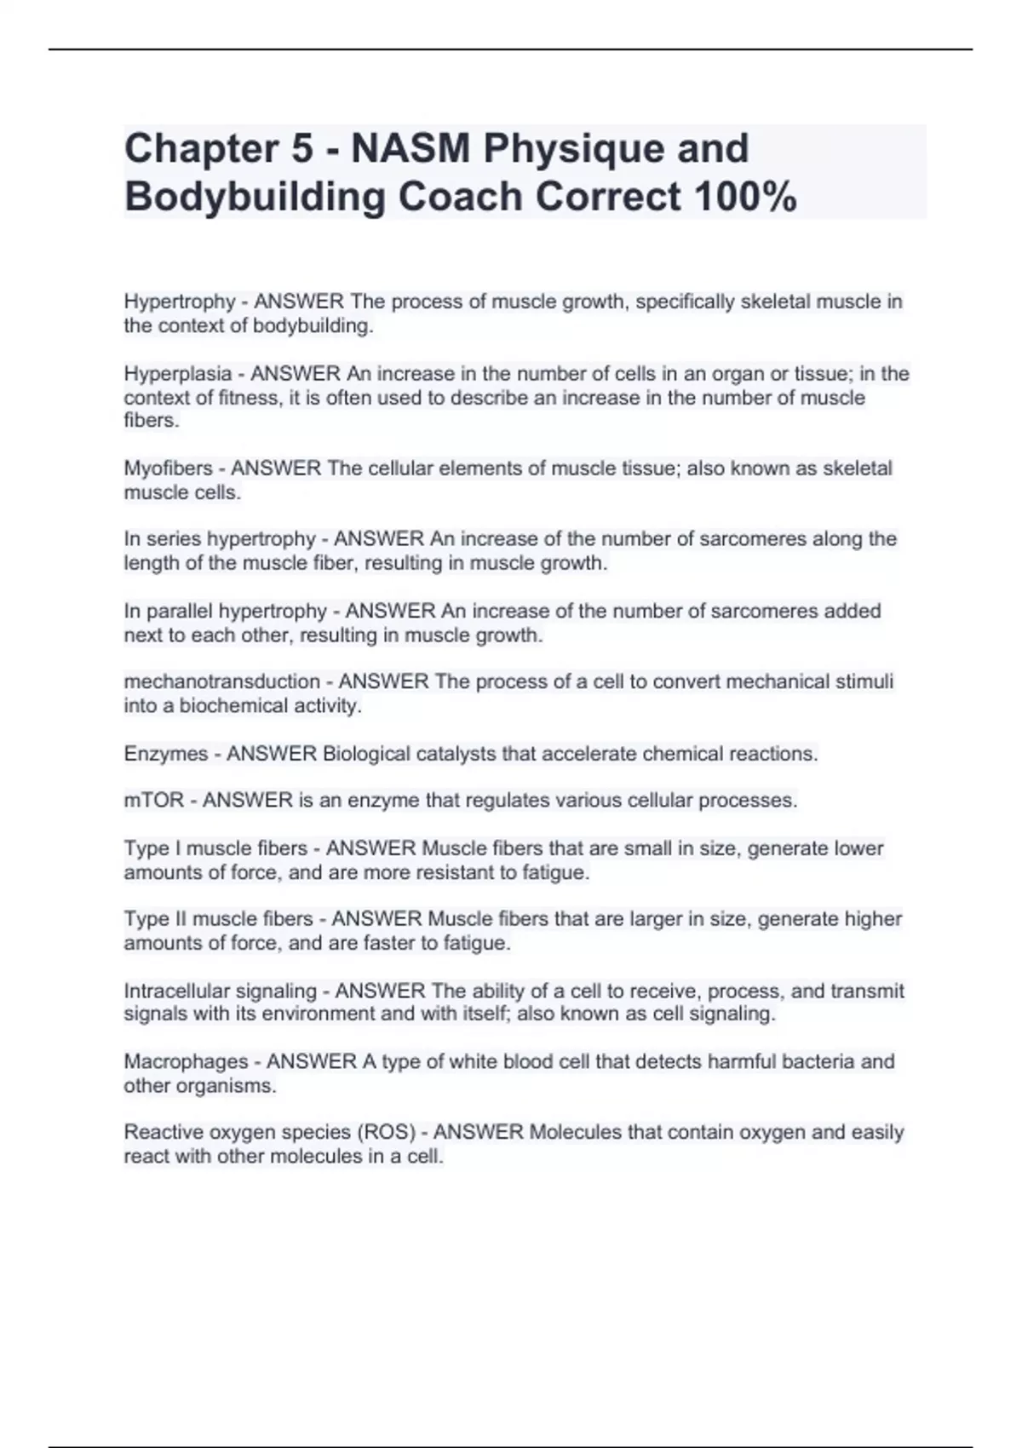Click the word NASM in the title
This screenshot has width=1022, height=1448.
click(411, 149)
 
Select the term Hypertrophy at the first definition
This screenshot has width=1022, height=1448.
click(179, 302)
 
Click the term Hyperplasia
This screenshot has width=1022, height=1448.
click(177, 374)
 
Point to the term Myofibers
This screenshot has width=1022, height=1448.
click(168, 468)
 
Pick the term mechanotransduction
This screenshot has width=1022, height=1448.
click(221, 681)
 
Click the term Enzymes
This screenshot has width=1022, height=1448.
click(165, 754)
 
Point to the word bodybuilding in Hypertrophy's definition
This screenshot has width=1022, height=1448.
click(313, 325)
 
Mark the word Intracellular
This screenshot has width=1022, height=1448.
click(176, 991)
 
